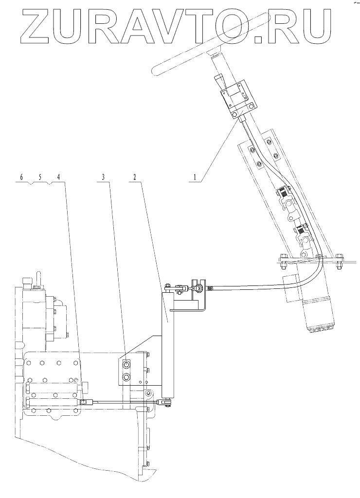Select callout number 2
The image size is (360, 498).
point(135,178)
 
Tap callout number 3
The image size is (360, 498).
point(103,178)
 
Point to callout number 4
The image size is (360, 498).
point(59,178)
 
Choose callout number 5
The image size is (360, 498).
point(40,178)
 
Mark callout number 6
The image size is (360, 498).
point(21,178)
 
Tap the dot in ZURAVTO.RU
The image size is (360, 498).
point(259,39)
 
